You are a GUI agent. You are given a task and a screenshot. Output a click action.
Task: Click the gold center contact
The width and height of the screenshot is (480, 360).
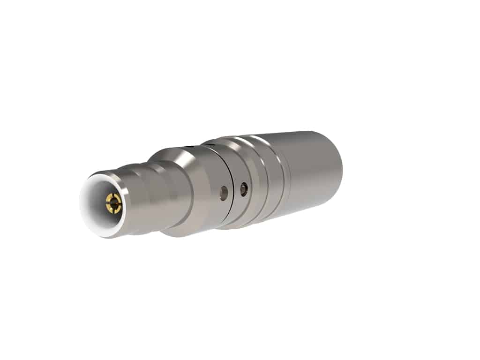click(113, 203)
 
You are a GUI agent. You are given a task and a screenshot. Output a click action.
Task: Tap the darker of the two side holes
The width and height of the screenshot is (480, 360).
click(243, 189)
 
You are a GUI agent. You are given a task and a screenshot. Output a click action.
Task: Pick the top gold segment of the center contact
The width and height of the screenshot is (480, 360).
click(114, 196)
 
